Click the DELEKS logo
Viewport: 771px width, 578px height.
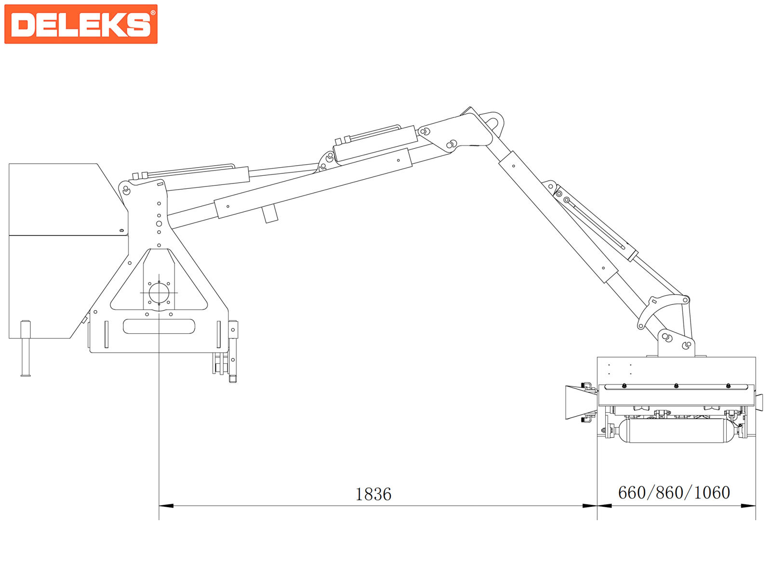point(81,24)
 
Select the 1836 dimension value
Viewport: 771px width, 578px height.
point(373,495)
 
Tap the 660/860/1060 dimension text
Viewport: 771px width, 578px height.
point(674,493)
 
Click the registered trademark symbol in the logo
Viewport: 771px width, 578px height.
point(153,13)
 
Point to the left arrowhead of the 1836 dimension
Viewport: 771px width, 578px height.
point(166,506)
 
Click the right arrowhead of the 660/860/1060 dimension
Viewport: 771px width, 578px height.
point(748,506)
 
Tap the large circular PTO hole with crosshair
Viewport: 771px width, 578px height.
point(159,293)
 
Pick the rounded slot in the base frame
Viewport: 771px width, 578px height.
point(159,327)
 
